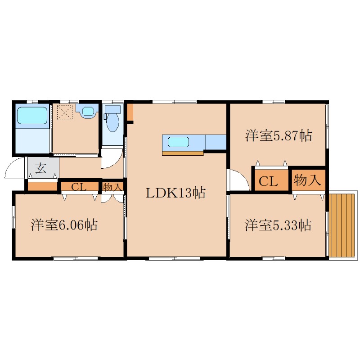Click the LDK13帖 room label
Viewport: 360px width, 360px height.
[175, 193]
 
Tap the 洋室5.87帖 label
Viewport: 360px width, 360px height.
[279, 135]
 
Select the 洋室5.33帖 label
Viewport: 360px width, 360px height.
[278, 225]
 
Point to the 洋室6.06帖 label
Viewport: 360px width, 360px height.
[64, 225]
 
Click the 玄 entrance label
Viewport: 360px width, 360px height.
[41, 168]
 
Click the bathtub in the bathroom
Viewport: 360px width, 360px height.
[32, 116]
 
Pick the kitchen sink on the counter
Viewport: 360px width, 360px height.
[178, 142]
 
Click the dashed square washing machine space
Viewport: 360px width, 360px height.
[65, 112]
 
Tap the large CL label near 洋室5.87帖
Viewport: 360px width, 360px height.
[268, 181]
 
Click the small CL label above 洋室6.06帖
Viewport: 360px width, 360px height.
[79, 187]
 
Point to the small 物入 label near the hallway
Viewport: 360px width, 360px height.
[112, 187]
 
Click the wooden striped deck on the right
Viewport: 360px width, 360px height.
[342, 226]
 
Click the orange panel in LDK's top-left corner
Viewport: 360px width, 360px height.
[130, 112]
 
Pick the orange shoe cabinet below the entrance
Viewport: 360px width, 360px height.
[42, 186]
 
